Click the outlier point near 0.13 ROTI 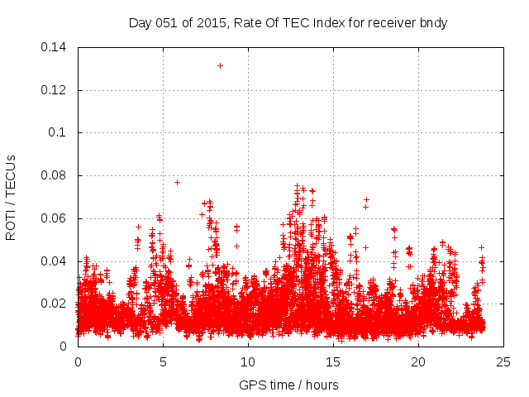click(x=220, y=65)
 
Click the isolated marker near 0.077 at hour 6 click(x=177, y=182)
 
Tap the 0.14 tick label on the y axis click(x=55, y=47)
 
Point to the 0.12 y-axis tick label click(x=55, y=90)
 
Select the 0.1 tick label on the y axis click(x=60, y=132)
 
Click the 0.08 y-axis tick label click(x=55, y=175)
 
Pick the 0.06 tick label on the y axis click(x=55, y=218)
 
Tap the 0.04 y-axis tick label click(x=55, y=261)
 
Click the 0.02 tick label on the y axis click(x=55, y=304)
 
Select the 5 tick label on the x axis click(x=163, y=362)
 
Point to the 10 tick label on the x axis click(x=248, y=362)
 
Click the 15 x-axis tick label click(x=333, y=362)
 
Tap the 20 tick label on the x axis click(x=418, y=362)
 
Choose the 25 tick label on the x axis click(x=503, y=362)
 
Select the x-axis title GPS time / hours click(x=288, y=385)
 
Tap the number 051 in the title click(x=168, y=23)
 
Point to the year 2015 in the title click(x=212, y=23)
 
